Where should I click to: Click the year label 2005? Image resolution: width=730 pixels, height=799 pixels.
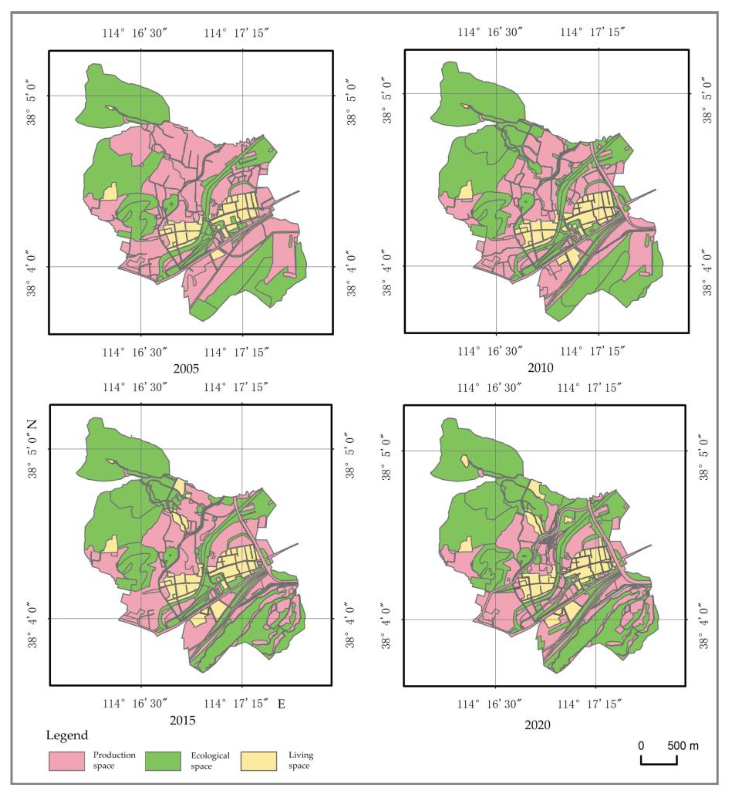(x=186, y=369)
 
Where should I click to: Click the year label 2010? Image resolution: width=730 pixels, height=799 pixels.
(x=540, y=368)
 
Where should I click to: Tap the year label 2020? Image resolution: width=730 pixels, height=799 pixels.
(x=538, y=725)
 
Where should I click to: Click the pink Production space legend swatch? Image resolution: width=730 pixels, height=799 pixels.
(x=67, y=761)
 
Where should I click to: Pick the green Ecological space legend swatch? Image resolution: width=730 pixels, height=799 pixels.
(x=163, y=761)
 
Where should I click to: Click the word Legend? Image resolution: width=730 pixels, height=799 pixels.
(x=67, y=735)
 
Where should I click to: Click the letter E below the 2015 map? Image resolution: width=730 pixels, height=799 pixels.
(x=281, y=704)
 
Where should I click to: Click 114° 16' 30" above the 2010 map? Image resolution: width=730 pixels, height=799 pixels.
(x=490, y=32)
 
